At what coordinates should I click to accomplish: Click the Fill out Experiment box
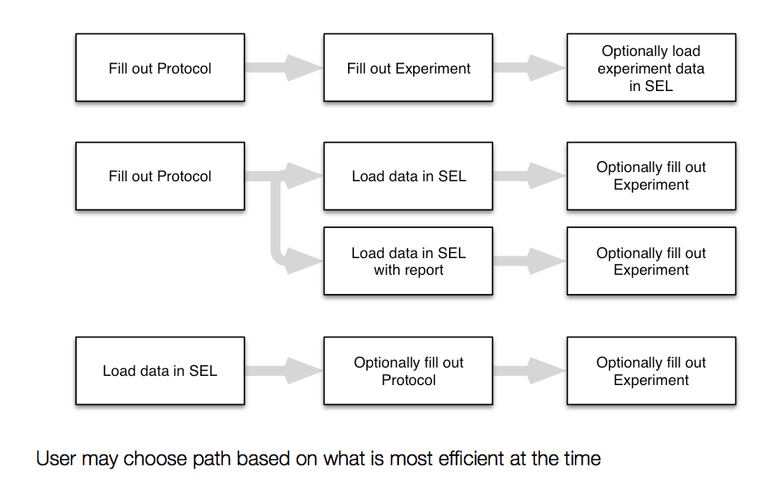click(408, 68)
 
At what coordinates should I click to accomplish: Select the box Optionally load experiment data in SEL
click(651, 68)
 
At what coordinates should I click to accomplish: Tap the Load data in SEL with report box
click(408, 261)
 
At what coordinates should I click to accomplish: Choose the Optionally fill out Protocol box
click(408, 371)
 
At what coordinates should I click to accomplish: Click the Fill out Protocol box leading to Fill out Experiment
click(160, 68)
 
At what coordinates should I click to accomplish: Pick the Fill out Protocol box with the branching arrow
click(160, 176)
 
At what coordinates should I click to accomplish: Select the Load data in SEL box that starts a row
click(160, 371)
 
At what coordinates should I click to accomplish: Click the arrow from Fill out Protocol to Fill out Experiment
click(284, 68)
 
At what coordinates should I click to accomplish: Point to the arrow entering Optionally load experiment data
click(530, 68)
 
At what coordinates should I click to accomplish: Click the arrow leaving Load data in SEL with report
click(530, 261)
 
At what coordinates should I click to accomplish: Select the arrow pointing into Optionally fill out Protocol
click(284, 371)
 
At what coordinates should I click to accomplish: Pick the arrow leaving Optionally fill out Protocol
click(530, 371)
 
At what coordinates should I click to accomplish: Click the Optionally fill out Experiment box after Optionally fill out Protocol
click(651, 371)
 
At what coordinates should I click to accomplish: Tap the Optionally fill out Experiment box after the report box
click(651, 261)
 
